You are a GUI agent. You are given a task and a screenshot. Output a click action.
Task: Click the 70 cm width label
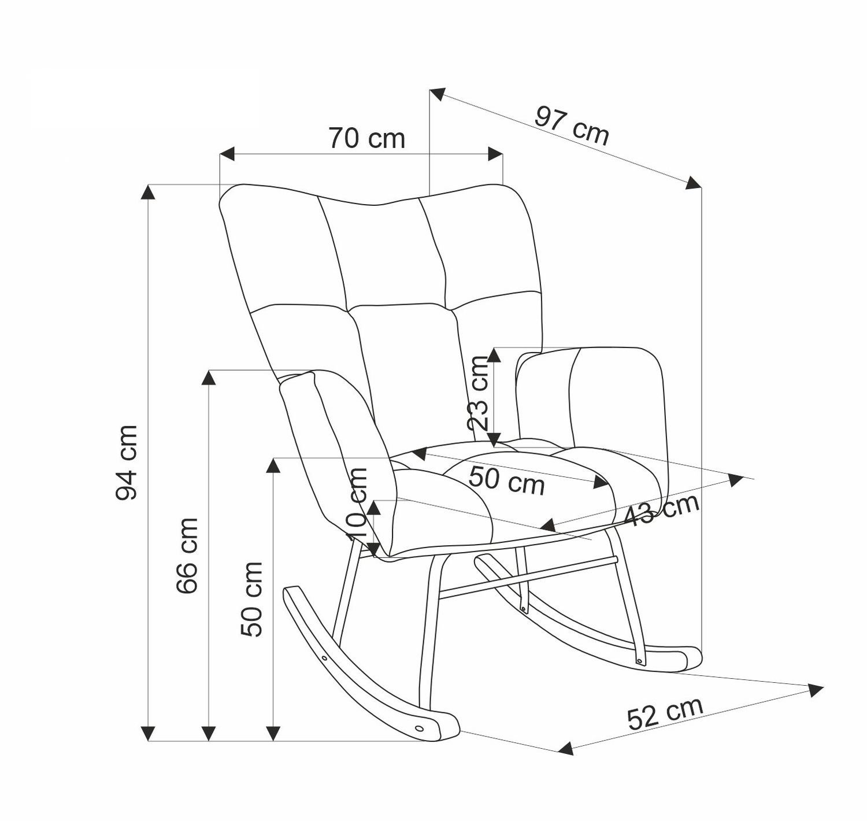coord(366,139)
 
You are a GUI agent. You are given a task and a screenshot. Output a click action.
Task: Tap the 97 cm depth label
coord(572,125)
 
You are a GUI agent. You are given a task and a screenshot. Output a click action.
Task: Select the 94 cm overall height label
coord(127,463)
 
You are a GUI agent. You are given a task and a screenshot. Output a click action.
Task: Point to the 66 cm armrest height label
coord(187,556)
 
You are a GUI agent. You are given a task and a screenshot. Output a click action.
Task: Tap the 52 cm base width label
coord(665,720)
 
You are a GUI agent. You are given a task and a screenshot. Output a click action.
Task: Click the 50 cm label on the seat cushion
coord(507,481)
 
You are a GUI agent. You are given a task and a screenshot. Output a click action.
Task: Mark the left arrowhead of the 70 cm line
coord(227,154)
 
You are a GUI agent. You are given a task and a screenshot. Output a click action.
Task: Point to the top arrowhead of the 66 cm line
coord(209,378)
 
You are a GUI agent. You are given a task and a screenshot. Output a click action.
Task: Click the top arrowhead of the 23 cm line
coord(495,356)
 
